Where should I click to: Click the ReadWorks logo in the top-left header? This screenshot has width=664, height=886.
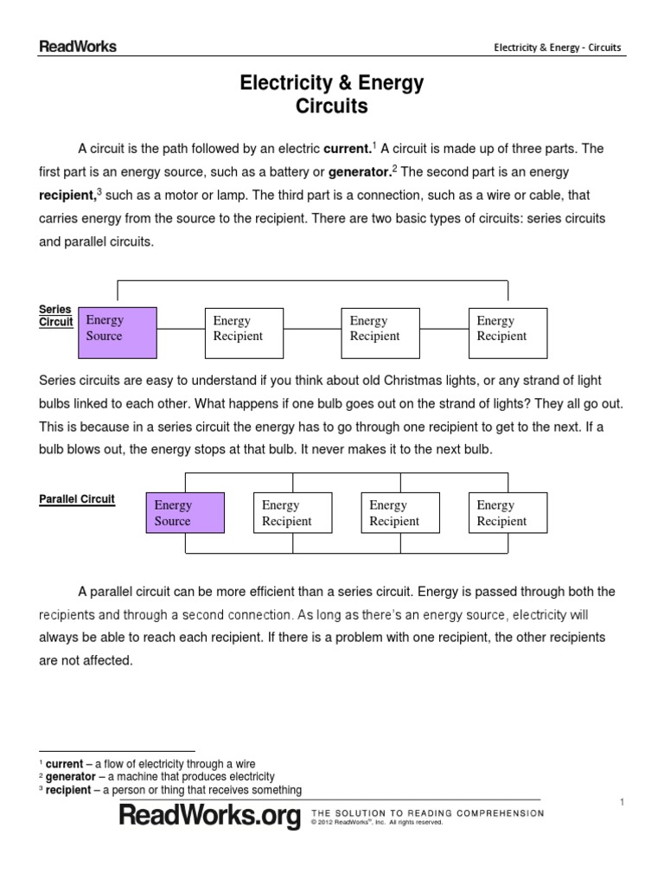(x=78, y=47)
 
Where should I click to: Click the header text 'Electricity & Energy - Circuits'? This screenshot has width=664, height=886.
(x=557, y=48)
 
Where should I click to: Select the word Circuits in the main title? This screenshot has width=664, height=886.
(x=332, y=106)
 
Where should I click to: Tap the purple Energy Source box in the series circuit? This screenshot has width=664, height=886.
(x=118, y=332)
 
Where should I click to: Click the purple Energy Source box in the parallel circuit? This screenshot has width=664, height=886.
(x=185, y=513)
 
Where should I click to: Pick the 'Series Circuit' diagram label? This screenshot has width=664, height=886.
(x=56, y=316)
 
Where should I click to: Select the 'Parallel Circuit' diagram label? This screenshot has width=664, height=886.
(x=77, y=499)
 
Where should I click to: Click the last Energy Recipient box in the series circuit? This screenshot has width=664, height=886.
(x=508, y=332)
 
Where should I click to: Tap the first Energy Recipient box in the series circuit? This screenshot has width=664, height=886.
(x=244, y=332)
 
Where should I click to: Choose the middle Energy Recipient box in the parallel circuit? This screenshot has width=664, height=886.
(x=399, y=513)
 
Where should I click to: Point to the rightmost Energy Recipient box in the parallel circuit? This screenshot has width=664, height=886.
(x=508, y=513)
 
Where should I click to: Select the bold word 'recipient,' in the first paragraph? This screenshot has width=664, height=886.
(x=67, y=196)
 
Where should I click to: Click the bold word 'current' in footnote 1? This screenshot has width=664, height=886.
(x=64, y=764)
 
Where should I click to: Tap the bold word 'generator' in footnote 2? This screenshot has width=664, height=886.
(x=70, y=777)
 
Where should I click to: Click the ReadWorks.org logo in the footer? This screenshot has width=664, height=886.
(x=210, y=816)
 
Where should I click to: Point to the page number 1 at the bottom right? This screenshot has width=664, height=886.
(x=621, y=804)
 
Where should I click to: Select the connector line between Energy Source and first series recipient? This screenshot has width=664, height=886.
(x=181, y=329)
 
